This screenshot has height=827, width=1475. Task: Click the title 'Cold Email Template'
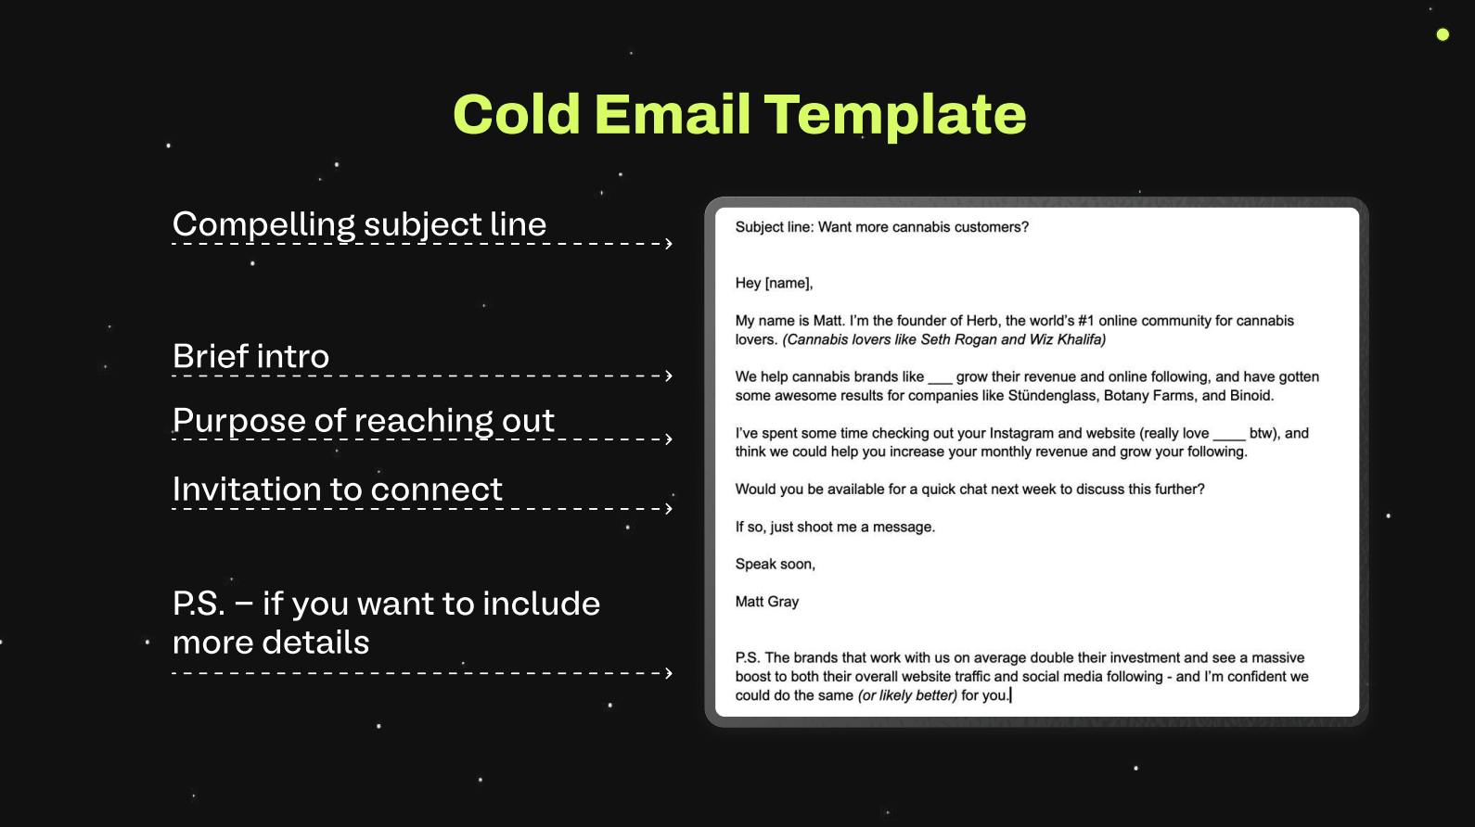tap(739, 114)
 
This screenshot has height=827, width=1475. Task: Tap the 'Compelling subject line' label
tap(359, 224)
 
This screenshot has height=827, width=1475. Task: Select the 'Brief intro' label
tap(250, 356)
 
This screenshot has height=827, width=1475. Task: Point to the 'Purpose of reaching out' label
tap(363, 420)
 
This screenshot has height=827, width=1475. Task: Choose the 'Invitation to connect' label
tap(337, 490)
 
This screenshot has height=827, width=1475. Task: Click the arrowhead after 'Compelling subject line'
tap(668, 244)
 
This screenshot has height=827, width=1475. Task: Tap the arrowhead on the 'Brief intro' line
tap(668, 375)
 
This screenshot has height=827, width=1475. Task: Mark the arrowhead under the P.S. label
tap(668, 673)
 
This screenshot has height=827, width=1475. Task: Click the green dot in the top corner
tap(1443, 34)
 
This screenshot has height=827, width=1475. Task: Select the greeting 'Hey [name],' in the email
tap(774, 283)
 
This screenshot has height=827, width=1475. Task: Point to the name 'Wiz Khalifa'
tap(1067, 339)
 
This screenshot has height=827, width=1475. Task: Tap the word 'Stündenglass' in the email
tap(1051, 396)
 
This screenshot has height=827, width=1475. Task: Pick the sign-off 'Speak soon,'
tap(775, 564)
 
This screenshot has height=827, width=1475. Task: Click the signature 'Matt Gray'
tap(766, 602)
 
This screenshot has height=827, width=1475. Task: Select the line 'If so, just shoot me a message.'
tap(835, 527)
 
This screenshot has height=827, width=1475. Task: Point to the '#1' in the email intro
tap(1086, 321)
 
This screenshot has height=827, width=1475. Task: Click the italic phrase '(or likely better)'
tap(906, 695)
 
